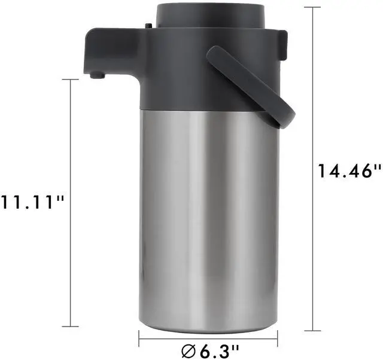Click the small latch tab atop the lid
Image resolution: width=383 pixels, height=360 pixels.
click(147, 26)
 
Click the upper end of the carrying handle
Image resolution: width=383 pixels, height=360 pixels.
click(217, 55)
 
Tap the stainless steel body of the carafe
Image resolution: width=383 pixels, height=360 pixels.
click(209, 215)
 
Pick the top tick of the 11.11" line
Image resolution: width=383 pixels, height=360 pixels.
click(70, 79)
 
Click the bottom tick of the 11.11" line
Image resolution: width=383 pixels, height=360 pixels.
click(70, 326)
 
